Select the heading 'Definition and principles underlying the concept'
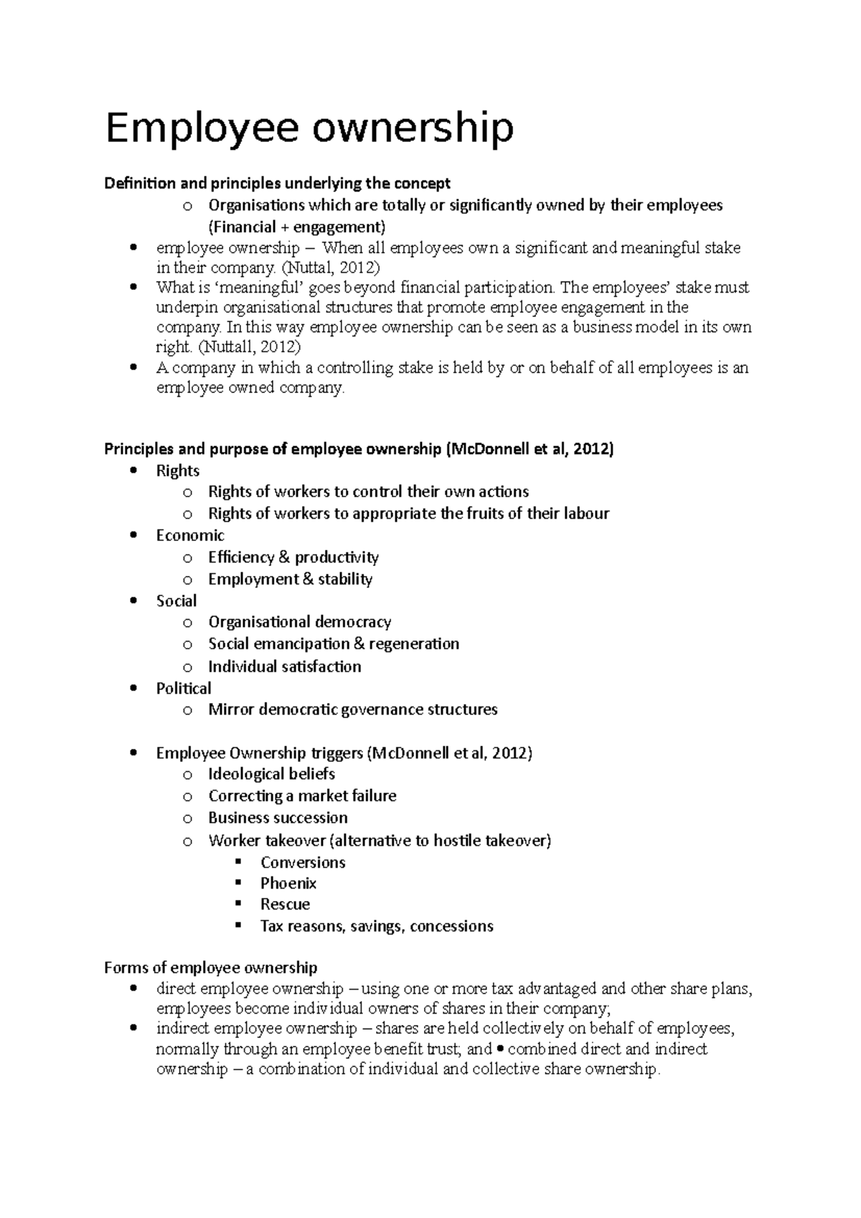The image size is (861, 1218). point(277,184)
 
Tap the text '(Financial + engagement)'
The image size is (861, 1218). point(296,227)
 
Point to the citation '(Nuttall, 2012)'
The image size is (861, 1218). point(250,347)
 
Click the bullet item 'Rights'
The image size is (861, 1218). point(177,471)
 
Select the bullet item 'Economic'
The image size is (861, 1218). point(190,535)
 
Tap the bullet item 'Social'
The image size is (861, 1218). point(176,600)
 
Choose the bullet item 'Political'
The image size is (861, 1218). point(184,688)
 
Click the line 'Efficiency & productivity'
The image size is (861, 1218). point(293,557)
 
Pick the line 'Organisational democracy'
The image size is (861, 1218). point(299,622)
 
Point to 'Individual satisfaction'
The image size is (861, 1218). point(284,666)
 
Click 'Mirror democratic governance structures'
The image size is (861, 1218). point(352,709)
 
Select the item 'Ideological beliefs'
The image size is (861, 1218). point(271,774)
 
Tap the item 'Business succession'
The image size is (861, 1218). point(278,818)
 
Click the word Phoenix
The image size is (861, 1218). point(288,883)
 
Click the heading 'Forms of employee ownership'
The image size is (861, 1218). point(210,968)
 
